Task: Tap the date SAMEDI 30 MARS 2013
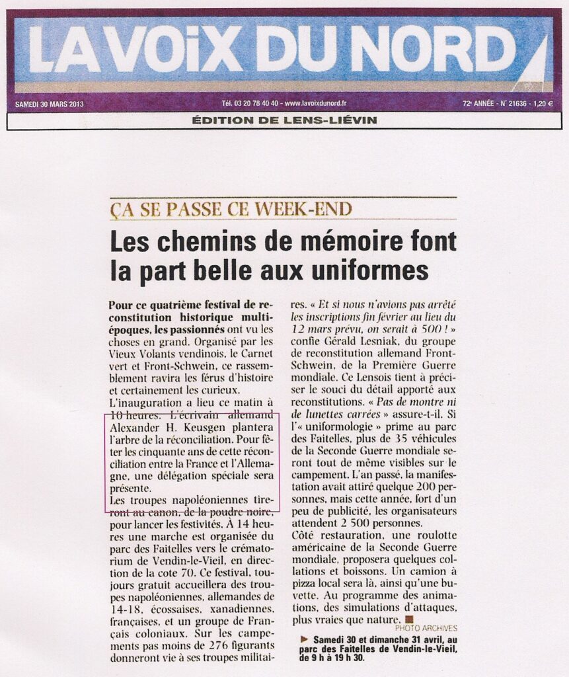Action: [49, 103]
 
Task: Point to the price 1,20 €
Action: [541, 103]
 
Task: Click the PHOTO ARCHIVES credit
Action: [426, 628]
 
